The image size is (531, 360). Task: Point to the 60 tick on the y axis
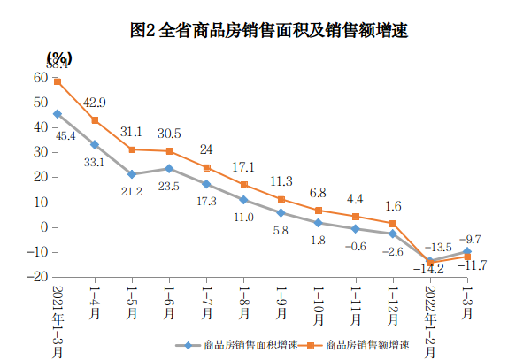click(x=40, y=78)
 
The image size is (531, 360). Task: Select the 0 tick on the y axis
click(x=42, y=227)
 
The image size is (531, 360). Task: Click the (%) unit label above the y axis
click(x=60, y=57)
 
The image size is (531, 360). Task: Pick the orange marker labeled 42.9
click(x=95, y=120)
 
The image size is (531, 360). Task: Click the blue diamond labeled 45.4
click(x=57, y=114)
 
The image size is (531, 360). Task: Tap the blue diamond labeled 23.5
click(x=169, y=168)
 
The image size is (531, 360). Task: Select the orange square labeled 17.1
click(x=244, y=185)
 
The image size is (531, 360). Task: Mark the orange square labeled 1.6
click(x=394, y=223)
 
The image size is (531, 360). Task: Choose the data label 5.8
click(x=281, y=230)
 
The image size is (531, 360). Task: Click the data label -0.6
click(x=357, y=247)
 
